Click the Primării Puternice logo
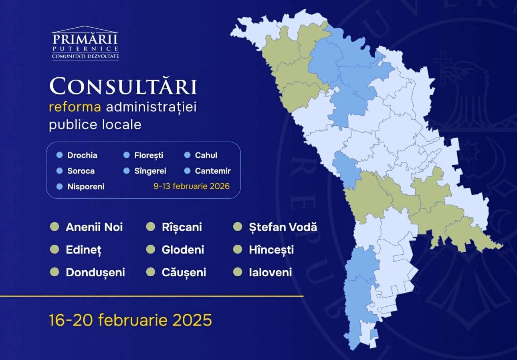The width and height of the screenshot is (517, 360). (x=85, y=43)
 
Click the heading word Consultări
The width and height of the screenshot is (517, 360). (x=123, y=86)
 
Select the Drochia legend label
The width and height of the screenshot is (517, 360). (x=82, y=155)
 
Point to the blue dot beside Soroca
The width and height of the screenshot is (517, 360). (x=60, y=171)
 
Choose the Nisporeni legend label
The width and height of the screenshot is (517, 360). (x=86, y=187)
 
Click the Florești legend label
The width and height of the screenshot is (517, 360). (x=149, y=155)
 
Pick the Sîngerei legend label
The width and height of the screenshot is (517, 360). (x=150, y=171)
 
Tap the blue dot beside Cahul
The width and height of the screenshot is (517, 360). (x=187, y=155)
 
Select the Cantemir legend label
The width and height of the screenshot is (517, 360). (x=213, y=171)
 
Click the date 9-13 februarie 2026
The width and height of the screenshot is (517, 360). (x=192, y=186)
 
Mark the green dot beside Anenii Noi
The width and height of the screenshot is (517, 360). (x=55, y=227)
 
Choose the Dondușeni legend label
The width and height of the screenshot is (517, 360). (x=95, y=273)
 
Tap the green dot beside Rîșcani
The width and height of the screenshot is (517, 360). (x=151, y=227)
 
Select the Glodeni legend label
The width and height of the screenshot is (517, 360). (x=183, y=250)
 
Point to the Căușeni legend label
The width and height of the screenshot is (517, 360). (x=184, y=273)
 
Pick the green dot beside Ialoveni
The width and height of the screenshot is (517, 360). (x=238, y=273)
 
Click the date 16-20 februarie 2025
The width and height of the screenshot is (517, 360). (x=130, y=320)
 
